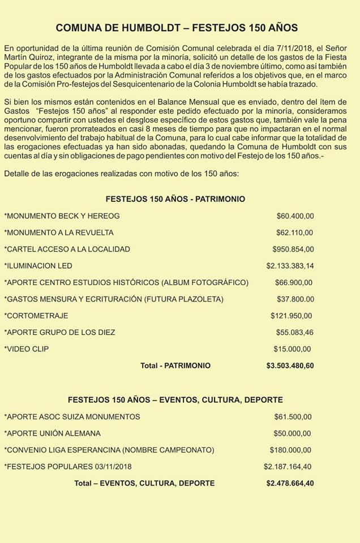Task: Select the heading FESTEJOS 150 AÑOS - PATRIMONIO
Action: click(x=175, y=199)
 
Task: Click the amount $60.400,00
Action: click(x=295, y=216)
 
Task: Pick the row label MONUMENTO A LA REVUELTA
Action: click(x=59, y=232)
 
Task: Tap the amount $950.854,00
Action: click(x=293, y=249)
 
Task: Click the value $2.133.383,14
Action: click(x=290, y=266)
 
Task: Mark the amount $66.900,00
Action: click(x=293, y=282)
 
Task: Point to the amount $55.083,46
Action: click(x=294, y=332)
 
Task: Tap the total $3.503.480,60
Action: click(x=290, y=366)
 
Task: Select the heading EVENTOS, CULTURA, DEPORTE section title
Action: click(x=175, y=400)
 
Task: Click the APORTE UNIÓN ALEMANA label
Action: click(x=53, y=433)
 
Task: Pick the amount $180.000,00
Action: click(x=290, y=450)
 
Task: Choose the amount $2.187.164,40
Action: click(x=288, y=467)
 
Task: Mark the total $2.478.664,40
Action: click(x=290, y=484)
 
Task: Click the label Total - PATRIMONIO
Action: click(x=175, y=366)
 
